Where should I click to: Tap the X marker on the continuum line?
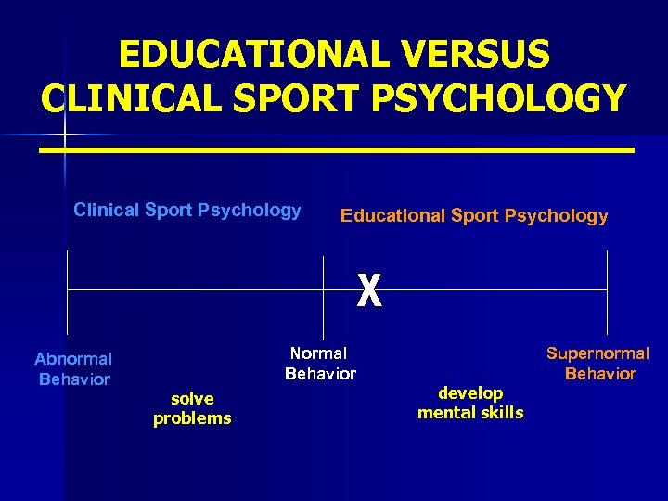pyautogui.click(x=369, y=292)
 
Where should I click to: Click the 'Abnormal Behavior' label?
pyautogui.click(x=73, y=368)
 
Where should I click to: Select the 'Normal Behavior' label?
pyautogui.click(x=320, y=364)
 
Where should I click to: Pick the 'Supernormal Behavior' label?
pyautogui.click(x=598, y=364)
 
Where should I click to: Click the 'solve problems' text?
pyautogui.click(x=192, y=408)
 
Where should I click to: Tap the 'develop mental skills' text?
pyautogui.click(x=470, y=403)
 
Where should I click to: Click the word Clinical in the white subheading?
pyautogui.click(x=106, y=211)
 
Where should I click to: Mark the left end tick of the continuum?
pyautogui.click(x=67, y=291)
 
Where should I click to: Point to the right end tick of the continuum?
pyautogui.click(x=607, y=291)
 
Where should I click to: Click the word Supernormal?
pyautogui.click(x=598, y=353)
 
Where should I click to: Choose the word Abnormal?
pyautogui.click(x=73, y=359)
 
